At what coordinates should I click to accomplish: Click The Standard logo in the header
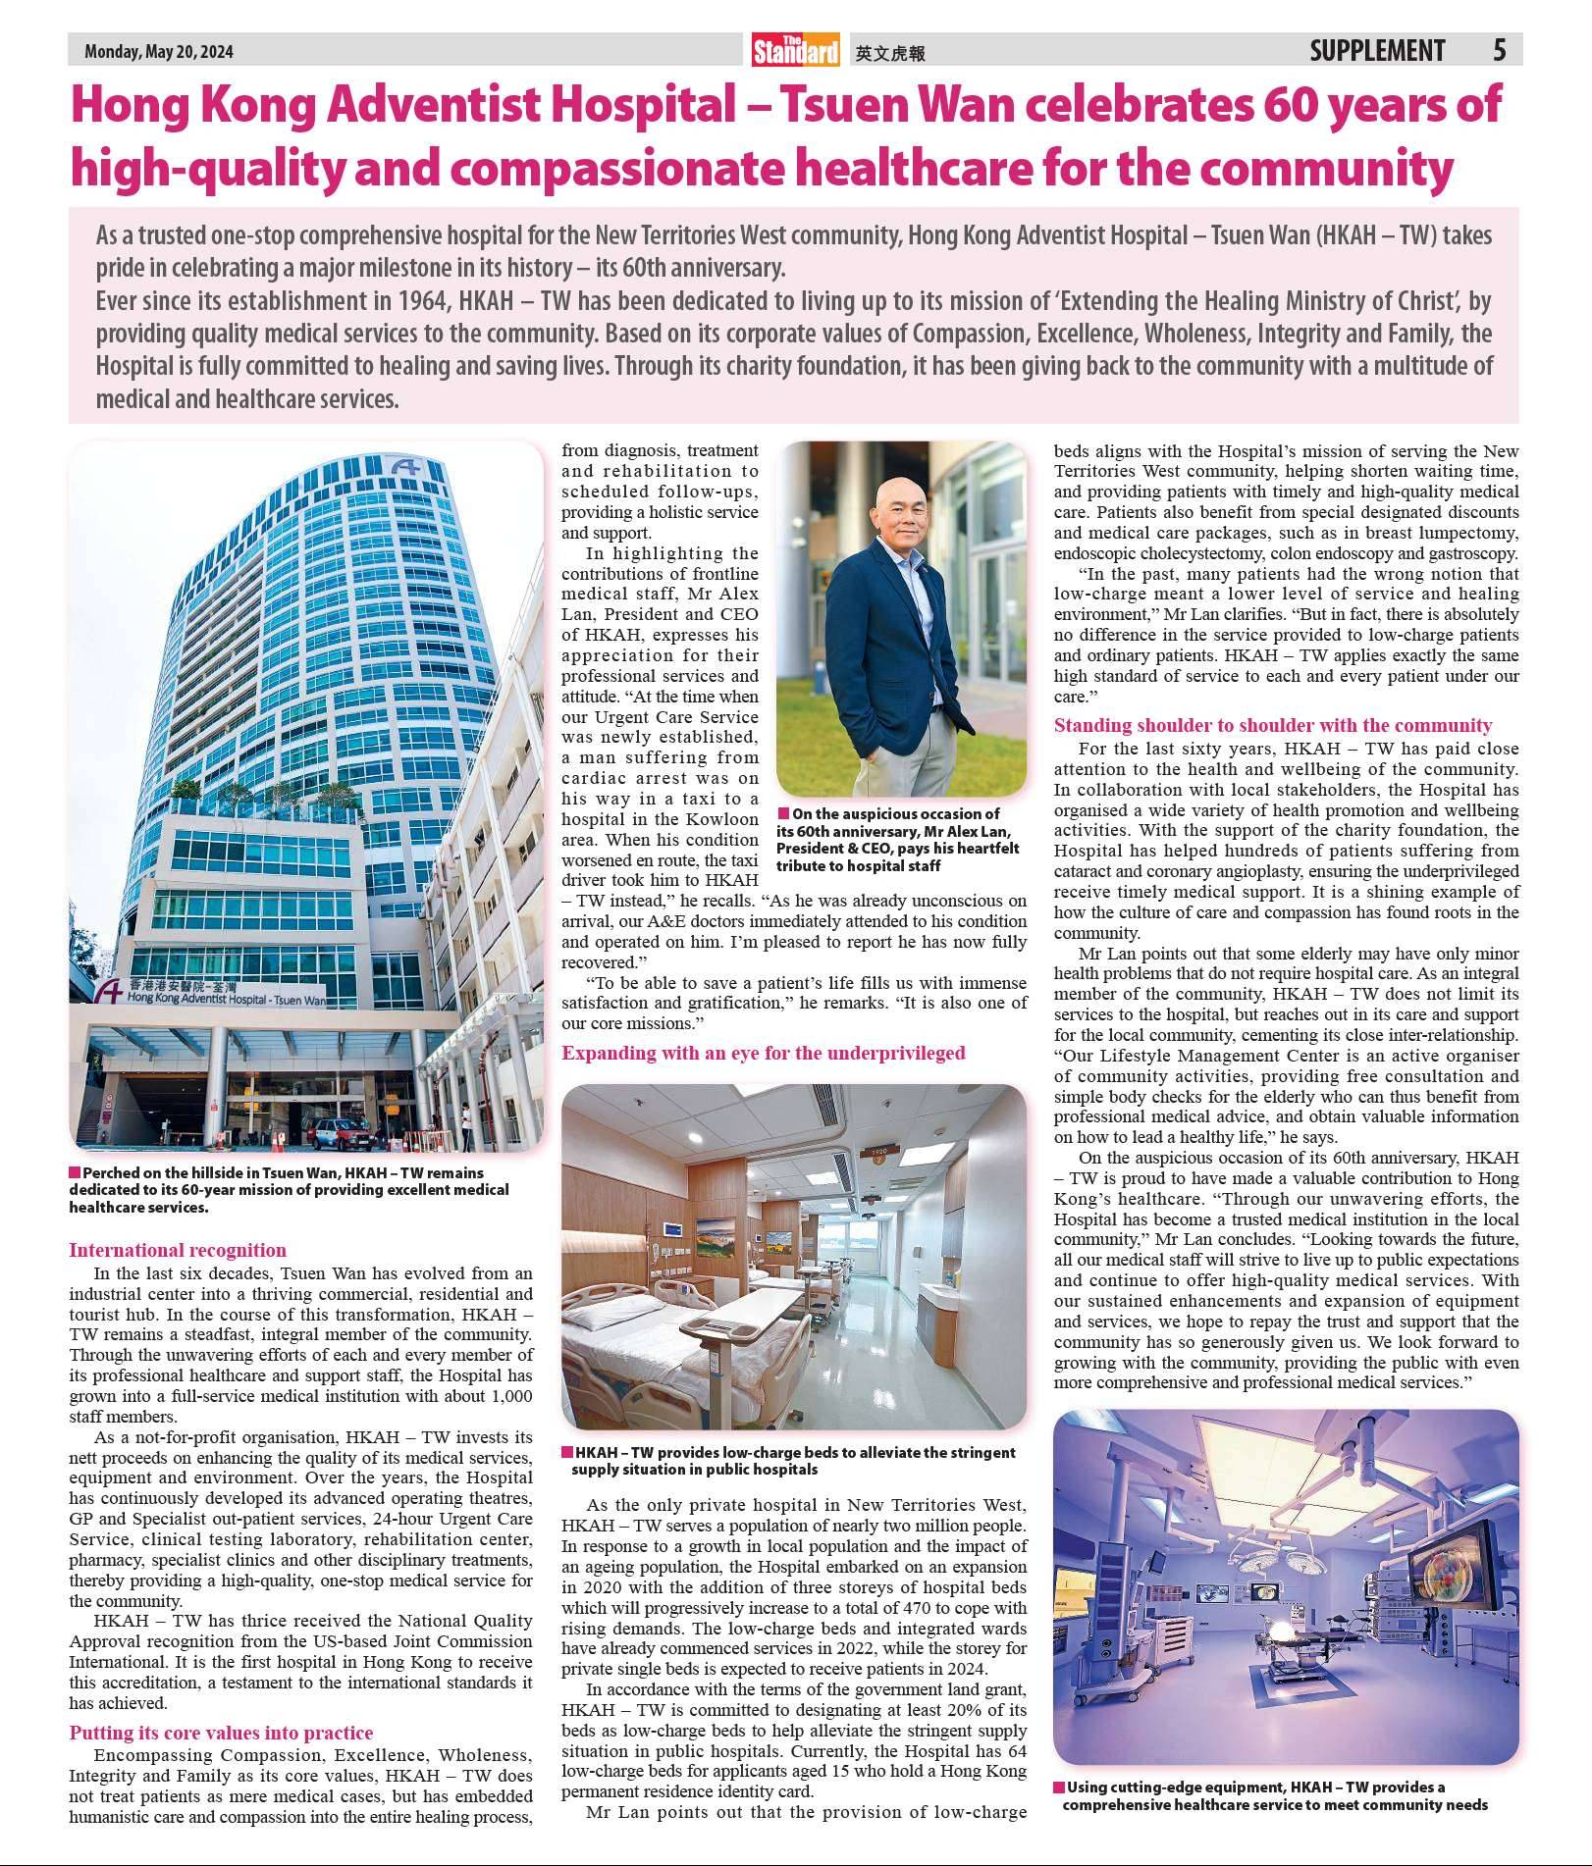(x=796, y=50)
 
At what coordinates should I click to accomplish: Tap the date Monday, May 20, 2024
(x=159, y=52)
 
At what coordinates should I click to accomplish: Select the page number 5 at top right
(x=1499, y=50)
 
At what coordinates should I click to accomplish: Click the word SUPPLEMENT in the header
(x=1377, y=50)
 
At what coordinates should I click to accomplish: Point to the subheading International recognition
(x=178, y=1250)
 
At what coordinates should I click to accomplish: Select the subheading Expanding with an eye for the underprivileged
(x=763, y=1053)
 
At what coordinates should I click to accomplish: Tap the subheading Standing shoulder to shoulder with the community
(x=1272, y=725)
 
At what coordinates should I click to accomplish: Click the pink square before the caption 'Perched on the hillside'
(x=75, y=1172)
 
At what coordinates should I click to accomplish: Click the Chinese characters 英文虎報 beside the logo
(x=890, y=54)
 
